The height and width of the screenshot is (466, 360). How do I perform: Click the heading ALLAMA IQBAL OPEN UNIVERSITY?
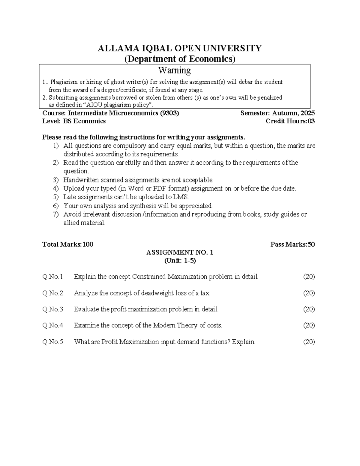click(180, 48)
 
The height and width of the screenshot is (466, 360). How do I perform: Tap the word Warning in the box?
click(174, 70)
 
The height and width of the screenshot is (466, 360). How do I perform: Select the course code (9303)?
click(169, 113)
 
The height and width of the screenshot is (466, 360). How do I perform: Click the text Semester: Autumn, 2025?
click(277, 113)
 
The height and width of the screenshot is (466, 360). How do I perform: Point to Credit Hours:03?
click(290, 121)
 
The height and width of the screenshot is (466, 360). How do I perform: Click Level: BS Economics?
click(74, 121)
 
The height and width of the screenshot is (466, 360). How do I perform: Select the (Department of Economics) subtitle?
click(180, 59)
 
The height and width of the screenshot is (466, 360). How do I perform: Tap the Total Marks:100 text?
click(68, 244)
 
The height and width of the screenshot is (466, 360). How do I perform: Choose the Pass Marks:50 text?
click(292, 244)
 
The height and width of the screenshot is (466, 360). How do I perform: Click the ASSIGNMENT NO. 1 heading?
click(180, 252)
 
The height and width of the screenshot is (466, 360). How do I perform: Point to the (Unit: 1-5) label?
click(180, 260)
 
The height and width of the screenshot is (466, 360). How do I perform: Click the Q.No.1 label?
click(53, 277)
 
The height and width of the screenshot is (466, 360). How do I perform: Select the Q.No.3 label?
click(53, 309)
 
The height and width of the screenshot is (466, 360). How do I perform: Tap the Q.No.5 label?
click(53, 342)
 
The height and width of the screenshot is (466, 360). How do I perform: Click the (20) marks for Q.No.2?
click(309, 293)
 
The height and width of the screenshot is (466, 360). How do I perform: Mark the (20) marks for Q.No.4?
click(309, 325)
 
